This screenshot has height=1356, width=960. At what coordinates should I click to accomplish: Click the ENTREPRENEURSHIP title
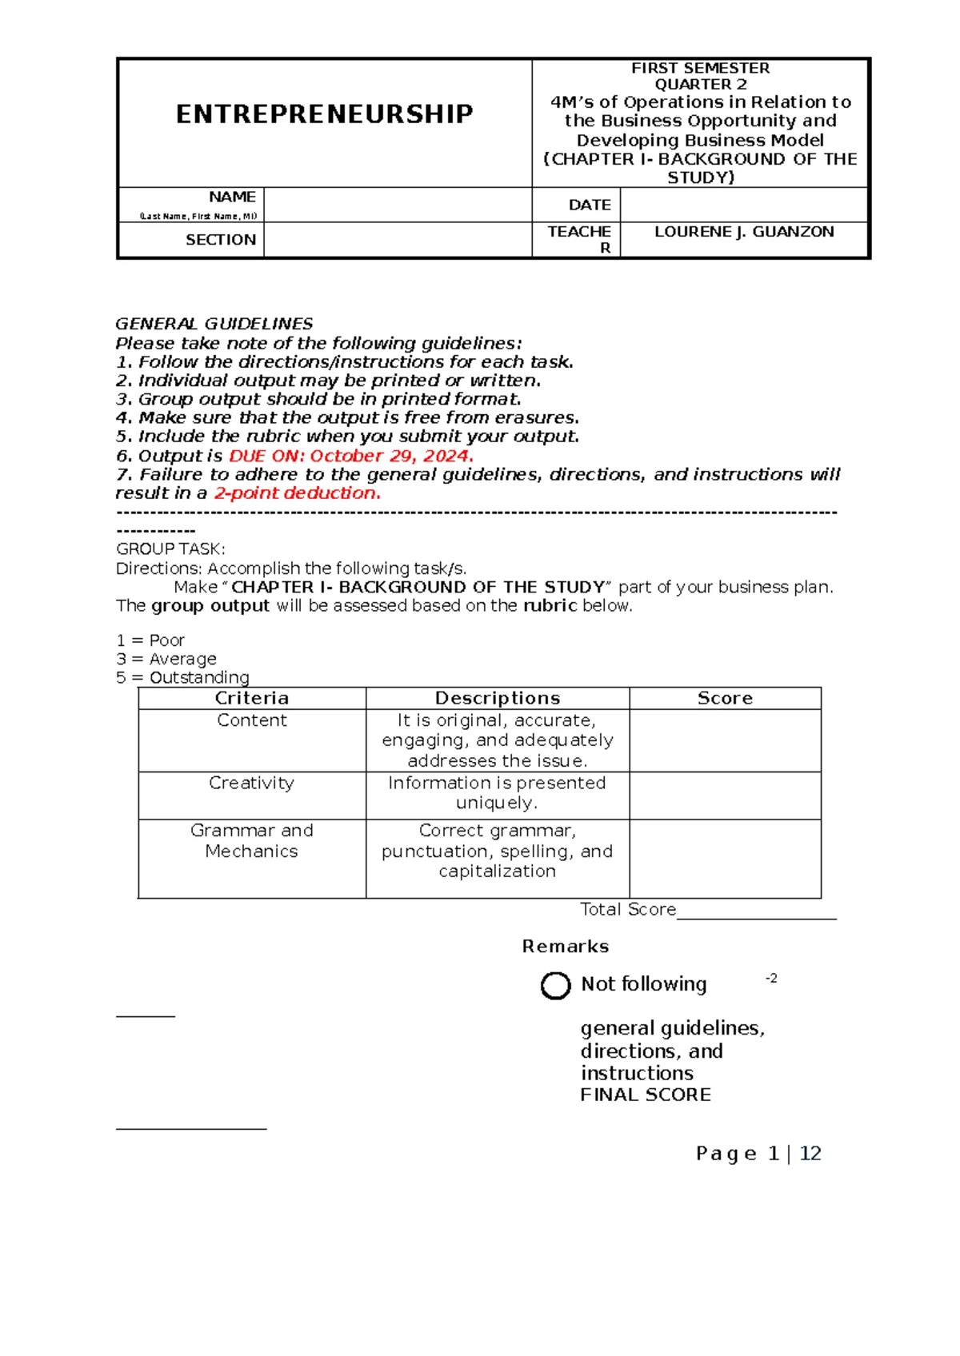[x=324, y=114]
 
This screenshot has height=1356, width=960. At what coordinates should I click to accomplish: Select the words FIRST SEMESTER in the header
[x=700, y=69]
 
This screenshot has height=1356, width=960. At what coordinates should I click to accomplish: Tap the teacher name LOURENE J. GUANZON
[x=744, y=232]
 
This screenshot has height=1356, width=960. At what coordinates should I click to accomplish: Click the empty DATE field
[x=744, y=205]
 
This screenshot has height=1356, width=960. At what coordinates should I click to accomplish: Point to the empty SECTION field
[x=398, y=240]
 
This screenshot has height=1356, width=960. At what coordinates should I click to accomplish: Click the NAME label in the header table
[x=232, y=197]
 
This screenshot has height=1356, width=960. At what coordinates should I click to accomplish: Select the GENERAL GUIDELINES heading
[x=214, y=324]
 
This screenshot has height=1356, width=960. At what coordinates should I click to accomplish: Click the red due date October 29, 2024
[x=390, y=456]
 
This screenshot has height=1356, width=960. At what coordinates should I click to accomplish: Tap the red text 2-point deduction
[x=297, y=493]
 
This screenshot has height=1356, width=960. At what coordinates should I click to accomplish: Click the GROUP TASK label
[x=170, y=549]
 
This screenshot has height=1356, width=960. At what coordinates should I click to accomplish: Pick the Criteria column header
[x=252, y=698]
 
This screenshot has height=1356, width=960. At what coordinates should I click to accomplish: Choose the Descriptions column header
[x=498, y=698]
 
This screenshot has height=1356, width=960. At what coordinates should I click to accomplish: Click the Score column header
[x=725, y=698]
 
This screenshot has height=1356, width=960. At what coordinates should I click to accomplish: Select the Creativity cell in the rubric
[x=252, y=783]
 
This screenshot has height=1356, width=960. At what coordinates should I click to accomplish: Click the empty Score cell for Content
[x=725, y=740]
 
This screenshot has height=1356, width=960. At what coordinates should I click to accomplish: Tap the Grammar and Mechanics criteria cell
[x=252, y=841]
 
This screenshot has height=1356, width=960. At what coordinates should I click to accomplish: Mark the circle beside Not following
[x=555, y=986]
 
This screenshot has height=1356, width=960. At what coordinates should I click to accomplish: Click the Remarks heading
[x=566, y=947]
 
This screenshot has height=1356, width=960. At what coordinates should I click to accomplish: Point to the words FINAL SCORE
[x=646, y=1095]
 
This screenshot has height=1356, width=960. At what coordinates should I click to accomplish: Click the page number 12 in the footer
[x=810, y=1154]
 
